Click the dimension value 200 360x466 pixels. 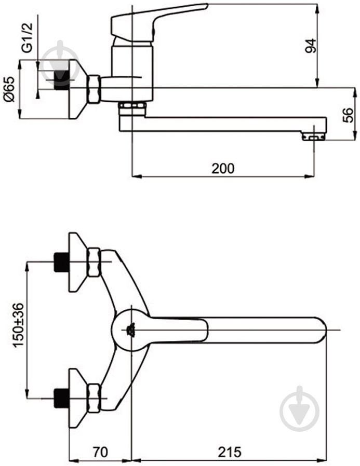coord(223,168)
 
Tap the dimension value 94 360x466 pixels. coord(311,46)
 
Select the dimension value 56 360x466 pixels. coord(348,115)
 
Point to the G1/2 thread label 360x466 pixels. coord(27,38)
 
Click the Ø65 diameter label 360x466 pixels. coord(9,89)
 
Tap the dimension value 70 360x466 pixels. coord(100,452)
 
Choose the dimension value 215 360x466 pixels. coord(230,452)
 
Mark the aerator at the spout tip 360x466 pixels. coord(313,137)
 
